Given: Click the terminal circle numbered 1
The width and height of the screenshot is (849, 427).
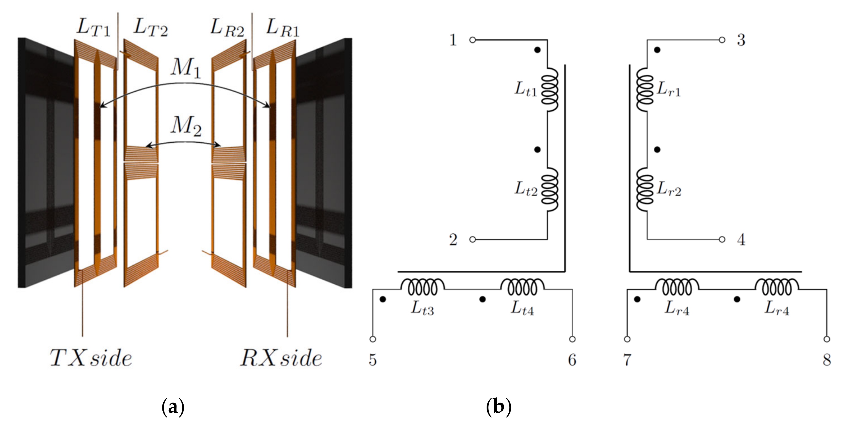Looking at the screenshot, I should [472, 40].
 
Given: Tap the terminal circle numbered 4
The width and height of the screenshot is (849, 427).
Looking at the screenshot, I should [722, 239].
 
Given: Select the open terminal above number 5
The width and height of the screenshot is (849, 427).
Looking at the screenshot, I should [373, 339].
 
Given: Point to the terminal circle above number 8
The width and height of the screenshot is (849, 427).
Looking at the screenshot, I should [827, 339].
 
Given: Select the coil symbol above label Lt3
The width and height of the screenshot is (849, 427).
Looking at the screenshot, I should [422, 287].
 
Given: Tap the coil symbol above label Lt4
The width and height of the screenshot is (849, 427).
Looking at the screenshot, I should [522, 287].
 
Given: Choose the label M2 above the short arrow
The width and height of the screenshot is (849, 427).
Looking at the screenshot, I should [186, 127].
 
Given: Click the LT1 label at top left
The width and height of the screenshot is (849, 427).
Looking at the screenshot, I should [93, 27].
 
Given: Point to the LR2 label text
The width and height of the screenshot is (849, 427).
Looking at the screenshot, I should [227, 28].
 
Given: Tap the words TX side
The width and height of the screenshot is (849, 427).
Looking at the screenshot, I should [91, 358].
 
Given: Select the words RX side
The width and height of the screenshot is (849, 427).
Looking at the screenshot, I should [281, 358].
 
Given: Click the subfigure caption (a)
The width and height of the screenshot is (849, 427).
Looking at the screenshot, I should [173, 407].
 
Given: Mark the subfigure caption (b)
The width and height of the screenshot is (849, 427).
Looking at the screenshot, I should [499, 407].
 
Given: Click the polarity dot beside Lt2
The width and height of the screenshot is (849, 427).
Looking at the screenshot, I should [537, 149].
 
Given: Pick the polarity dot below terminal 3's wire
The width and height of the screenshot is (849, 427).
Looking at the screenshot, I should [657, 50].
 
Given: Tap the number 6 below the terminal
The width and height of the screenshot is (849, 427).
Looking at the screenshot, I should [572, 360].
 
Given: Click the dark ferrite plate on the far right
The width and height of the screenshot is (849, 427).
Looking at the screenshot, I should [323, 165].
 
